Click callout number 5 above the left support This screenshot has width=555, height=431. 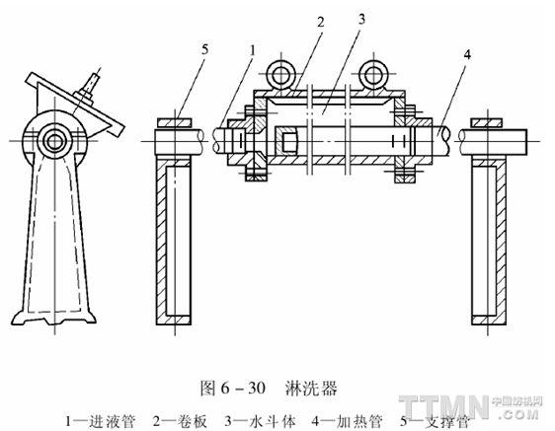(x=205, y=50)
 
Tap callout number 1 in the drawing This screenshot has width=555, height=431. (x=252, y=50)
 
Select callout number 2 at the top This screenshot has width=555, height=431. (x=320, y=23)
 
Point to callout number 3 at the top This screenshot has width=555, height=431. (x=361, y=20)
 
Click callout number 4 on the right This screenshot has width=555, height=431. (x=467, y=55)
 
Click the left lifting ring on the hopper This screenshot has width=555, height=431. (x=280, y=75)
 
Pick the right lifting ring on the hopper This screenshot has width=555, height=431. (x=372, y=75)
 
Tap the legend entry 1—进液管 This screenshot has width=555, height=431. (x=100, y=421)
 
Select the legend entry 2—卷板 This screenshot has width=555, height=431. (x=180, y=421)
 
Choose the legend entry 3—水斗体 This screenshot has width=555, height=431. (x=260, y=421)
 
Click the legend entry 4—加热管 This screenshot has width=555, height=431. (x=348, y=421)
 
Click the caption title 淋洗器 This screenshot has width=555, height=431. (x=311, y=389)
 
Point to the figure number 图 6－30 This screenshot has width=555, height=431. (x=233, y=389)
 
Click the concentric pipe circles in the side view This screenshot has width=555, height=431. (x=54, y=141)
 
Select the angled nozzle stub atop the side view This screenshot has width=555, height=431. (x=89, y=86)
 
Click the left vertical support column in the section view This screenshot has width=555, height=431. (x=174, y=242)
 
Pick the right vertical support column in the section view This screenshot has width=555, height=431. (x=489, y=242)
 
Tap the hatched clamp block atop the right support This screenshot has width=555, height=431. (x=487, y=122)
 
